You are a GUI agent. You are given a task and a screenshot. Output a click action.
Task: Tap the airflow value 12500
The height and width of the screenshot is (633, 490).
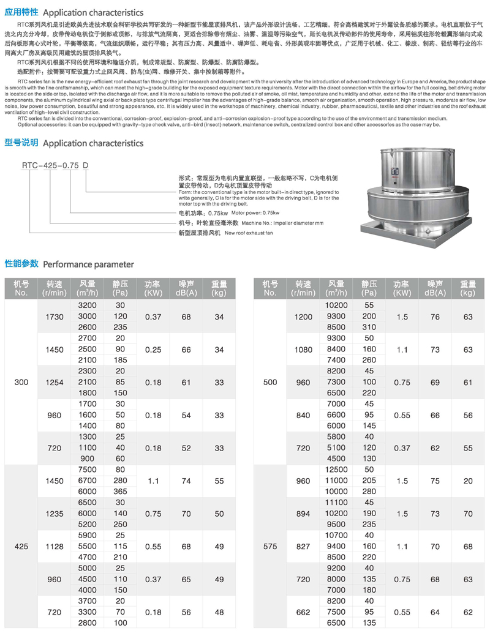336,470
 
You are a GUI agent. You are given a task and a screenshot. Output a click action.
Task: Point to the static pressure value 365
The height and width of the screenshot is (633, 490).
120,492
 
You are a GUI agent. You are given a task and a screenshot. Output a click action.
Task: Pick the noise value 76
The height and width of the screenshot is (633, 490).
435,316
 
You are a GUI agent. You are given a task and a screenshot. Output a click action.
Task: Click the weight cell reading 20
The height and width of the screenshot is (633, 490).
468,481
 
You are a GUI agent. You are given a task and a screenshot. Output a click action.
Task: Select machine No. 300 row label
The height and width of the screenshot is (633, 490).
21,383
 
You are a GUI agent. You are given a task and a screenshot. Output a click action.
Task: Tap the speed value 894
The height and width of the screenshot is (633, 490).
303,514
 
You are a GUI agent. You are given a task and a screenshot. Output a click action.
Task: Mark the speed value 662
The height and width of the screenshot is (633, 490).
303,612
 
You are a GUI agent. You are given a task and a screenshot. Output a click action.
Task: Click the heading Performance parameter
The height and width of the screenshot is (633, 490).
88,264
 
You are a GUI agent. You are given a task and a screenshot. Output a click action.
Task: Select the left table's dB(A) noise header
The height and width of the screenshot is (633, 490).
186,288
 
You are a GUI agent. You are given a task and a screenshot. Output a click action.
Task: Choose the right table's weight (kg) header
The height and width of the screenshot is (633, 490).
468,288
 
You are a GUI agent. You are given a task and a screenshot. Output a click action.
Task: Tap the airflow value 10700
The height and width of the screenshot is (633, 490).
336,536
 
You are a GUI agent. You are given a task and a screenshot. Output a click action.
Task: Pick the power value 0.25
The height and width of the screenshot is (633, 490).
153,350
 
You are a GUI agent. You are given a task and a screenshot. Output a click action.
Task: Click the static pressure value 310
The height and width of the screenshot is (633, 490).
369,328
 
